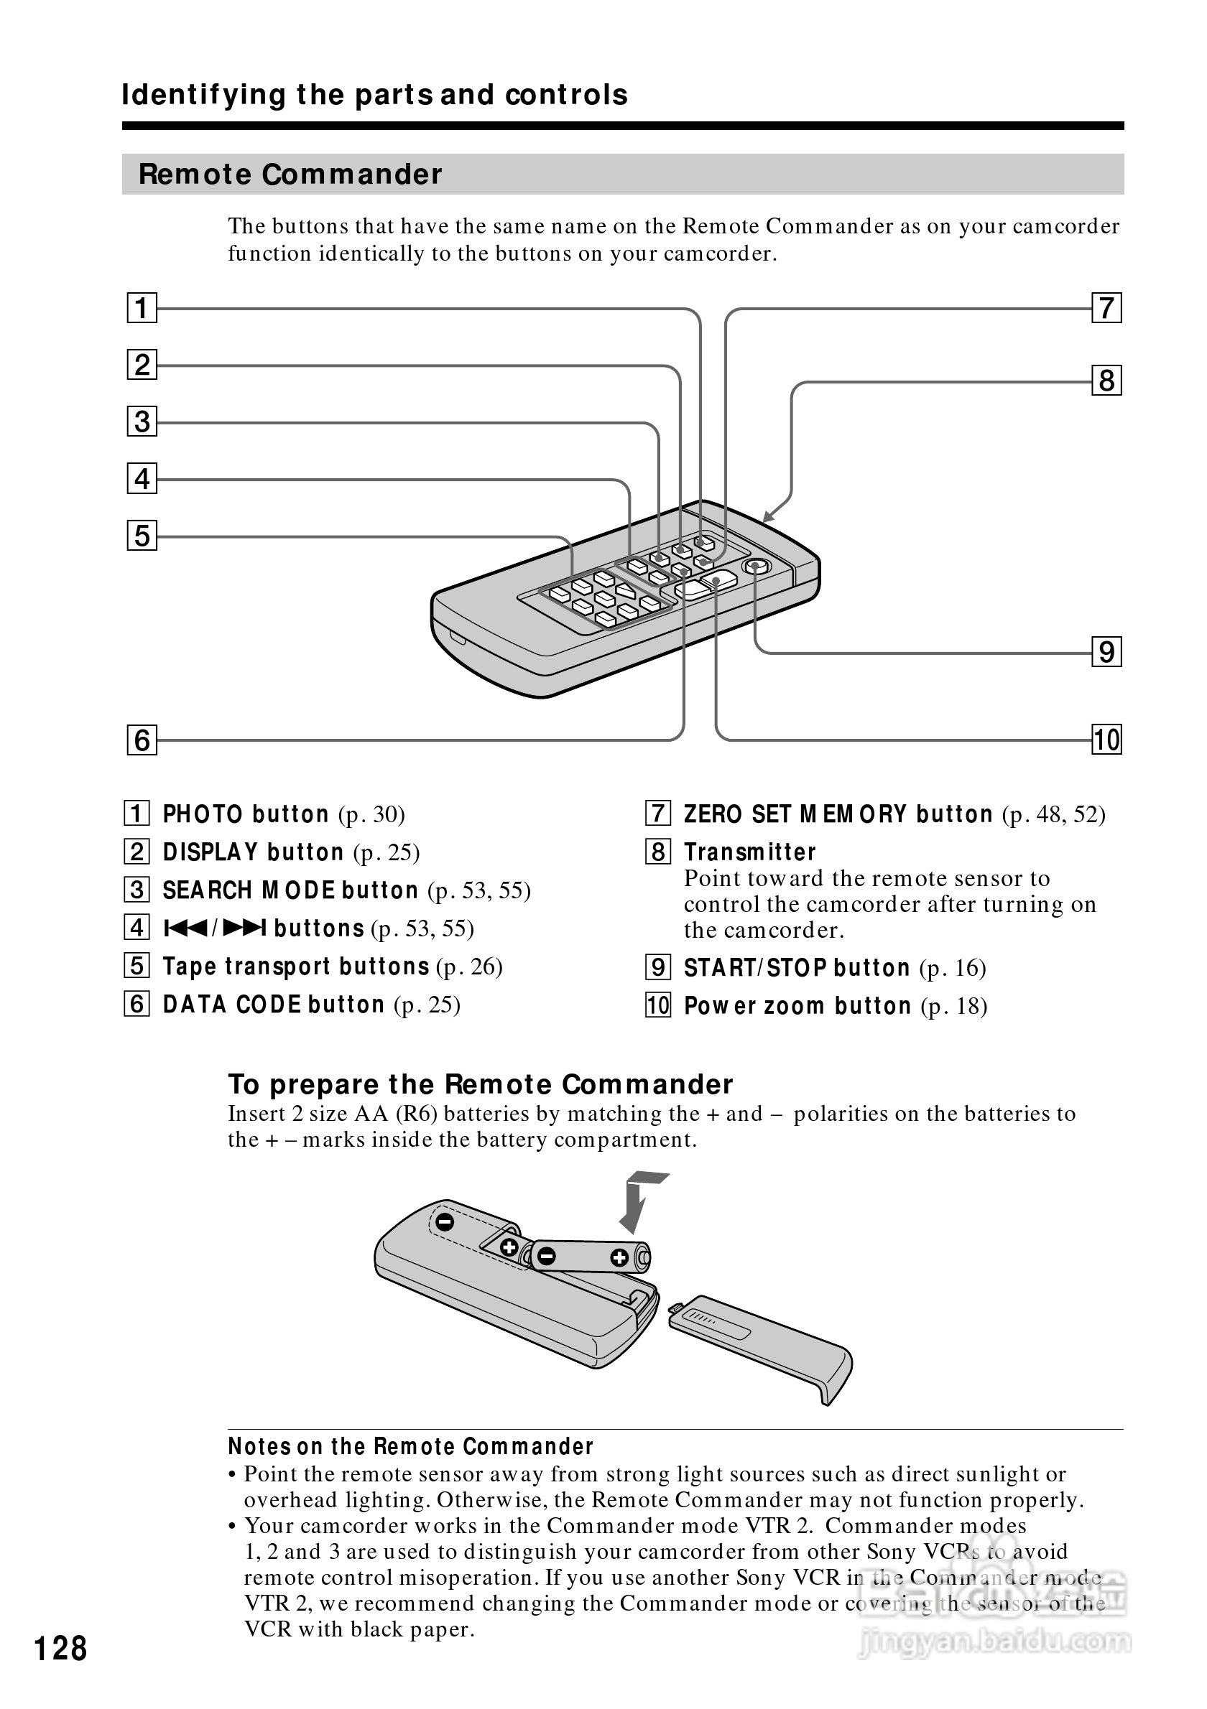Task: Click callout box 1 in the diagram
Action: tap(142, 307)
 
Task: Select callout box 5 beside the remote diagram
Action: tap(142, 536)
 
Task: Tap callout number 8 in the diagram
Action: tap(1106, 381)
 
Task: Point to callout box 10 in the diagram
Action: tap(1106, 740)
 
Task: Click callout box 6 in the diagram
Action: tap(142, 740)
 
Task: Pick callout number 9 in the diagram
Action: tap(1106, 652)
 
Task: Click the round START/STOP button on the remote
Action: tap(756, 567)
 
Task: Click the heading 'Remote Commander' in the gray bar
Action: tap(290, 174)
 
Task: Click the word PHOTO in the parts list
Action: tap(203, 814)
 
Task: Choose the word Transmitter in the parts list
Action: tap(750, 852)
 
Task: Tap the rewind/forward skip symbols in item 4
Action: tap(214, 928)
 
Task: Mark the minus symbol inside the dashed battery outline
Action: tap(445, 1221)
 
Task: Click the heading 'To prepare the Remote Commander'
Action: tap(480, 1084)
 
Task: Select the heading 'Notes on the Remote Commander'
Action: tap(410, 1446)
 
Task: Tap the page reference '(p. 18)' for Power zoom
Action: tap(954, 1006)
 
